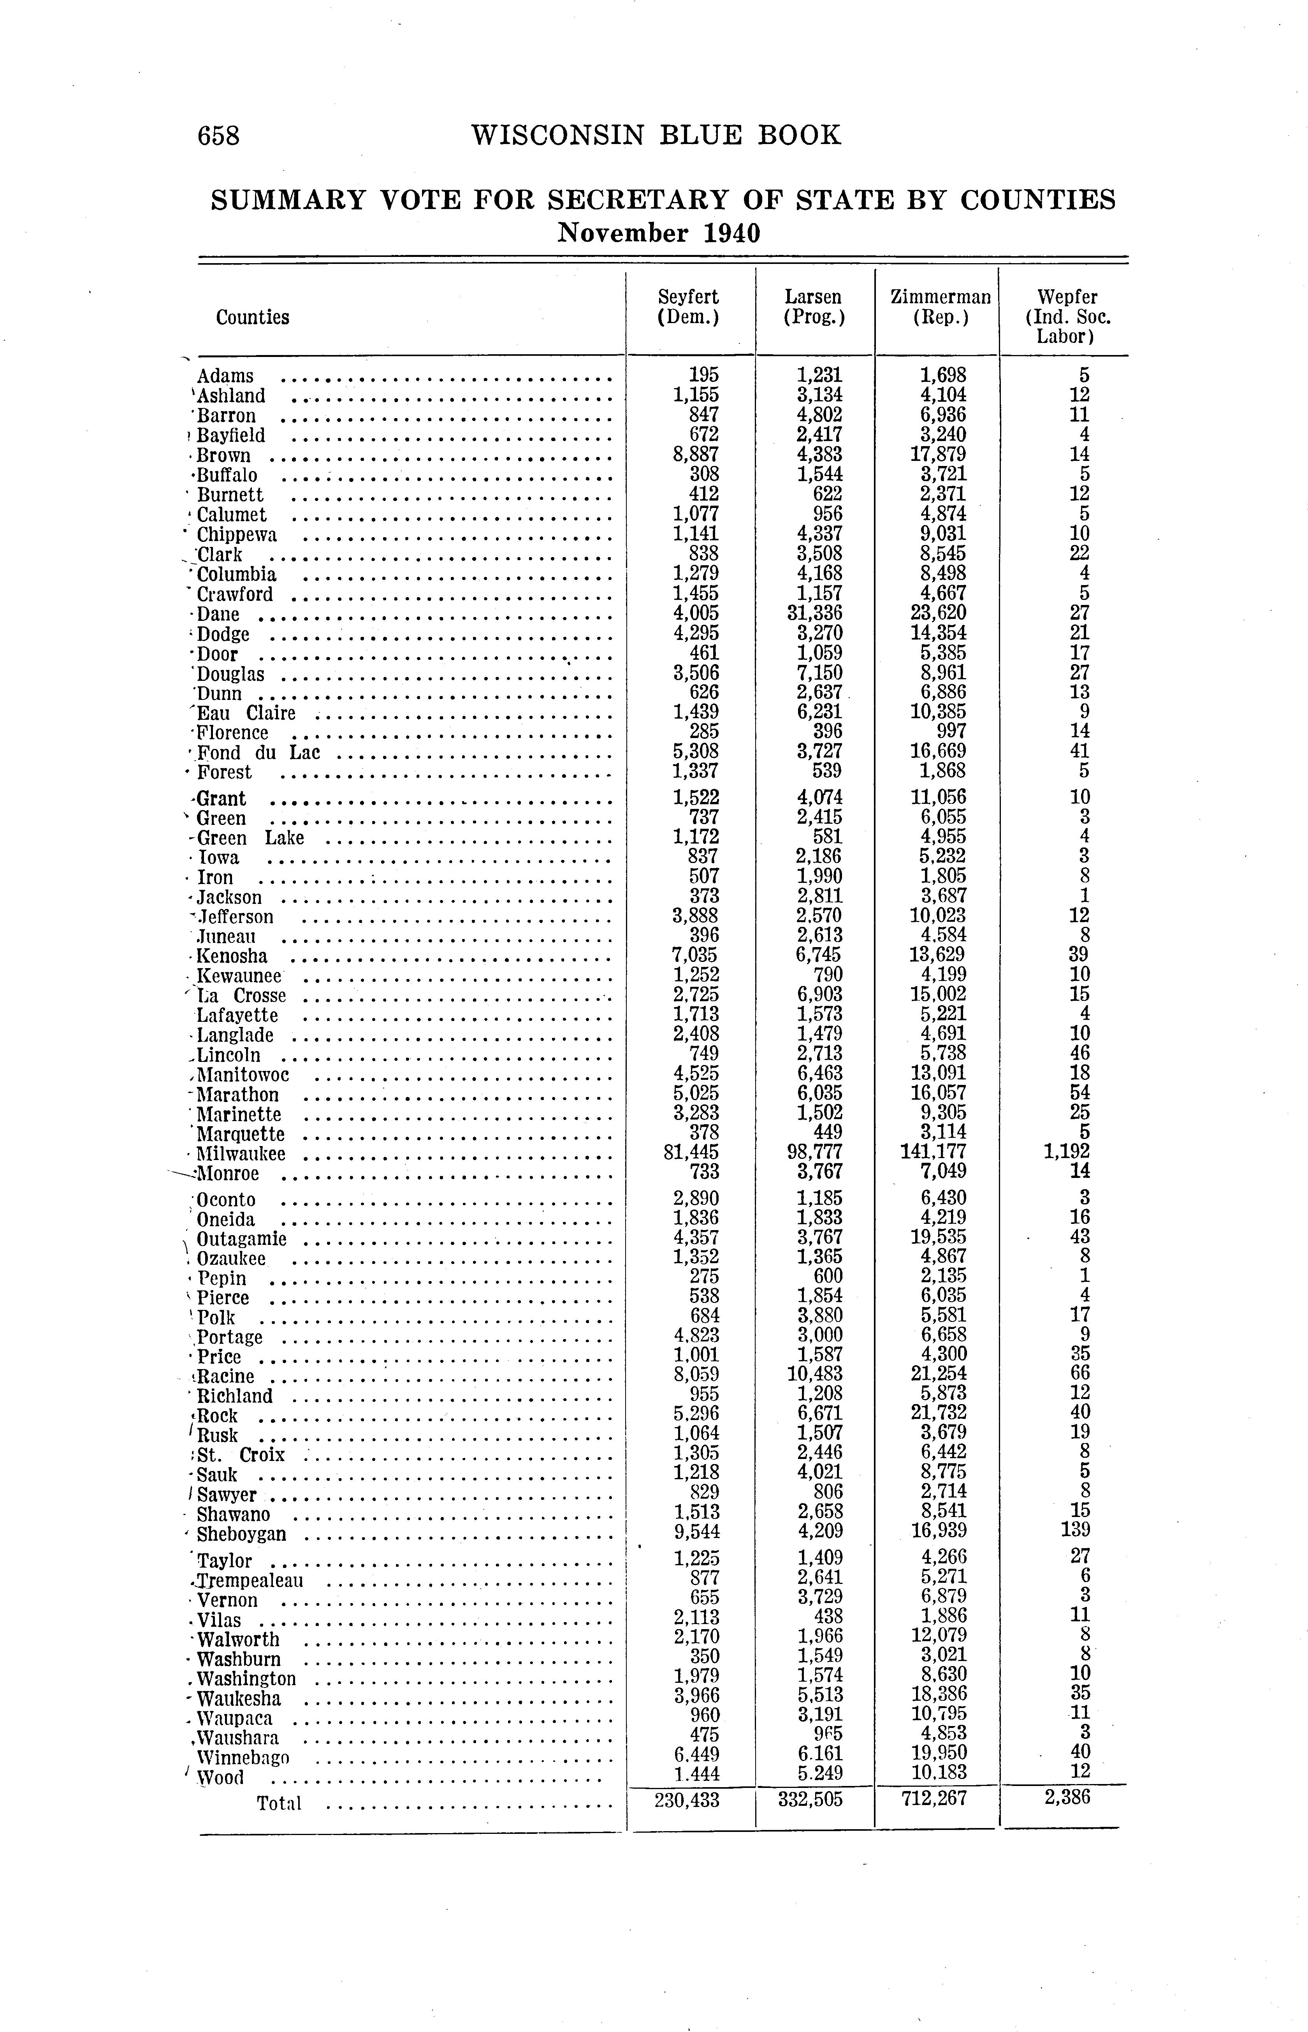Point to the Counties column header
coord(252,318)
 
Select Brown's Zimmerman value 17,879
coord(939,454)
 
